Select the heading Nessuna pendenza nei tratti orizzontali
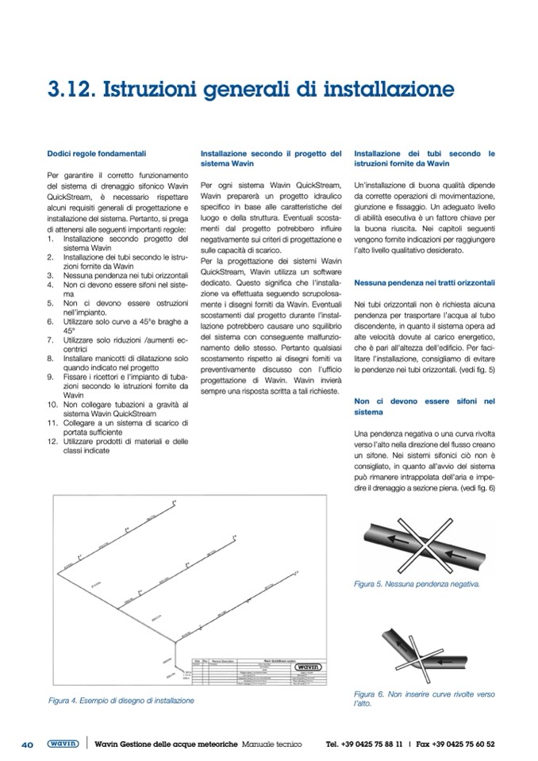(x=425, y=282)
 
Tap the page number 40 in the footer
(x=26, y=744)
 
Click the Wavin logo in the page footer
(x=63, y=744)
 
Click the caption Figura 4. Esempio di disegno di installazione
(x=121, y=701)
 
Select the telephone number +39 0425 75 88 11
(x=364, y=744)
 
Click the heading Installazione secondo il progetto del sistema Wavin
(x=271, y=158)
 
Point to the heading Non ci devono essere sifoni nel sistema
(x=425, y=407)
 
